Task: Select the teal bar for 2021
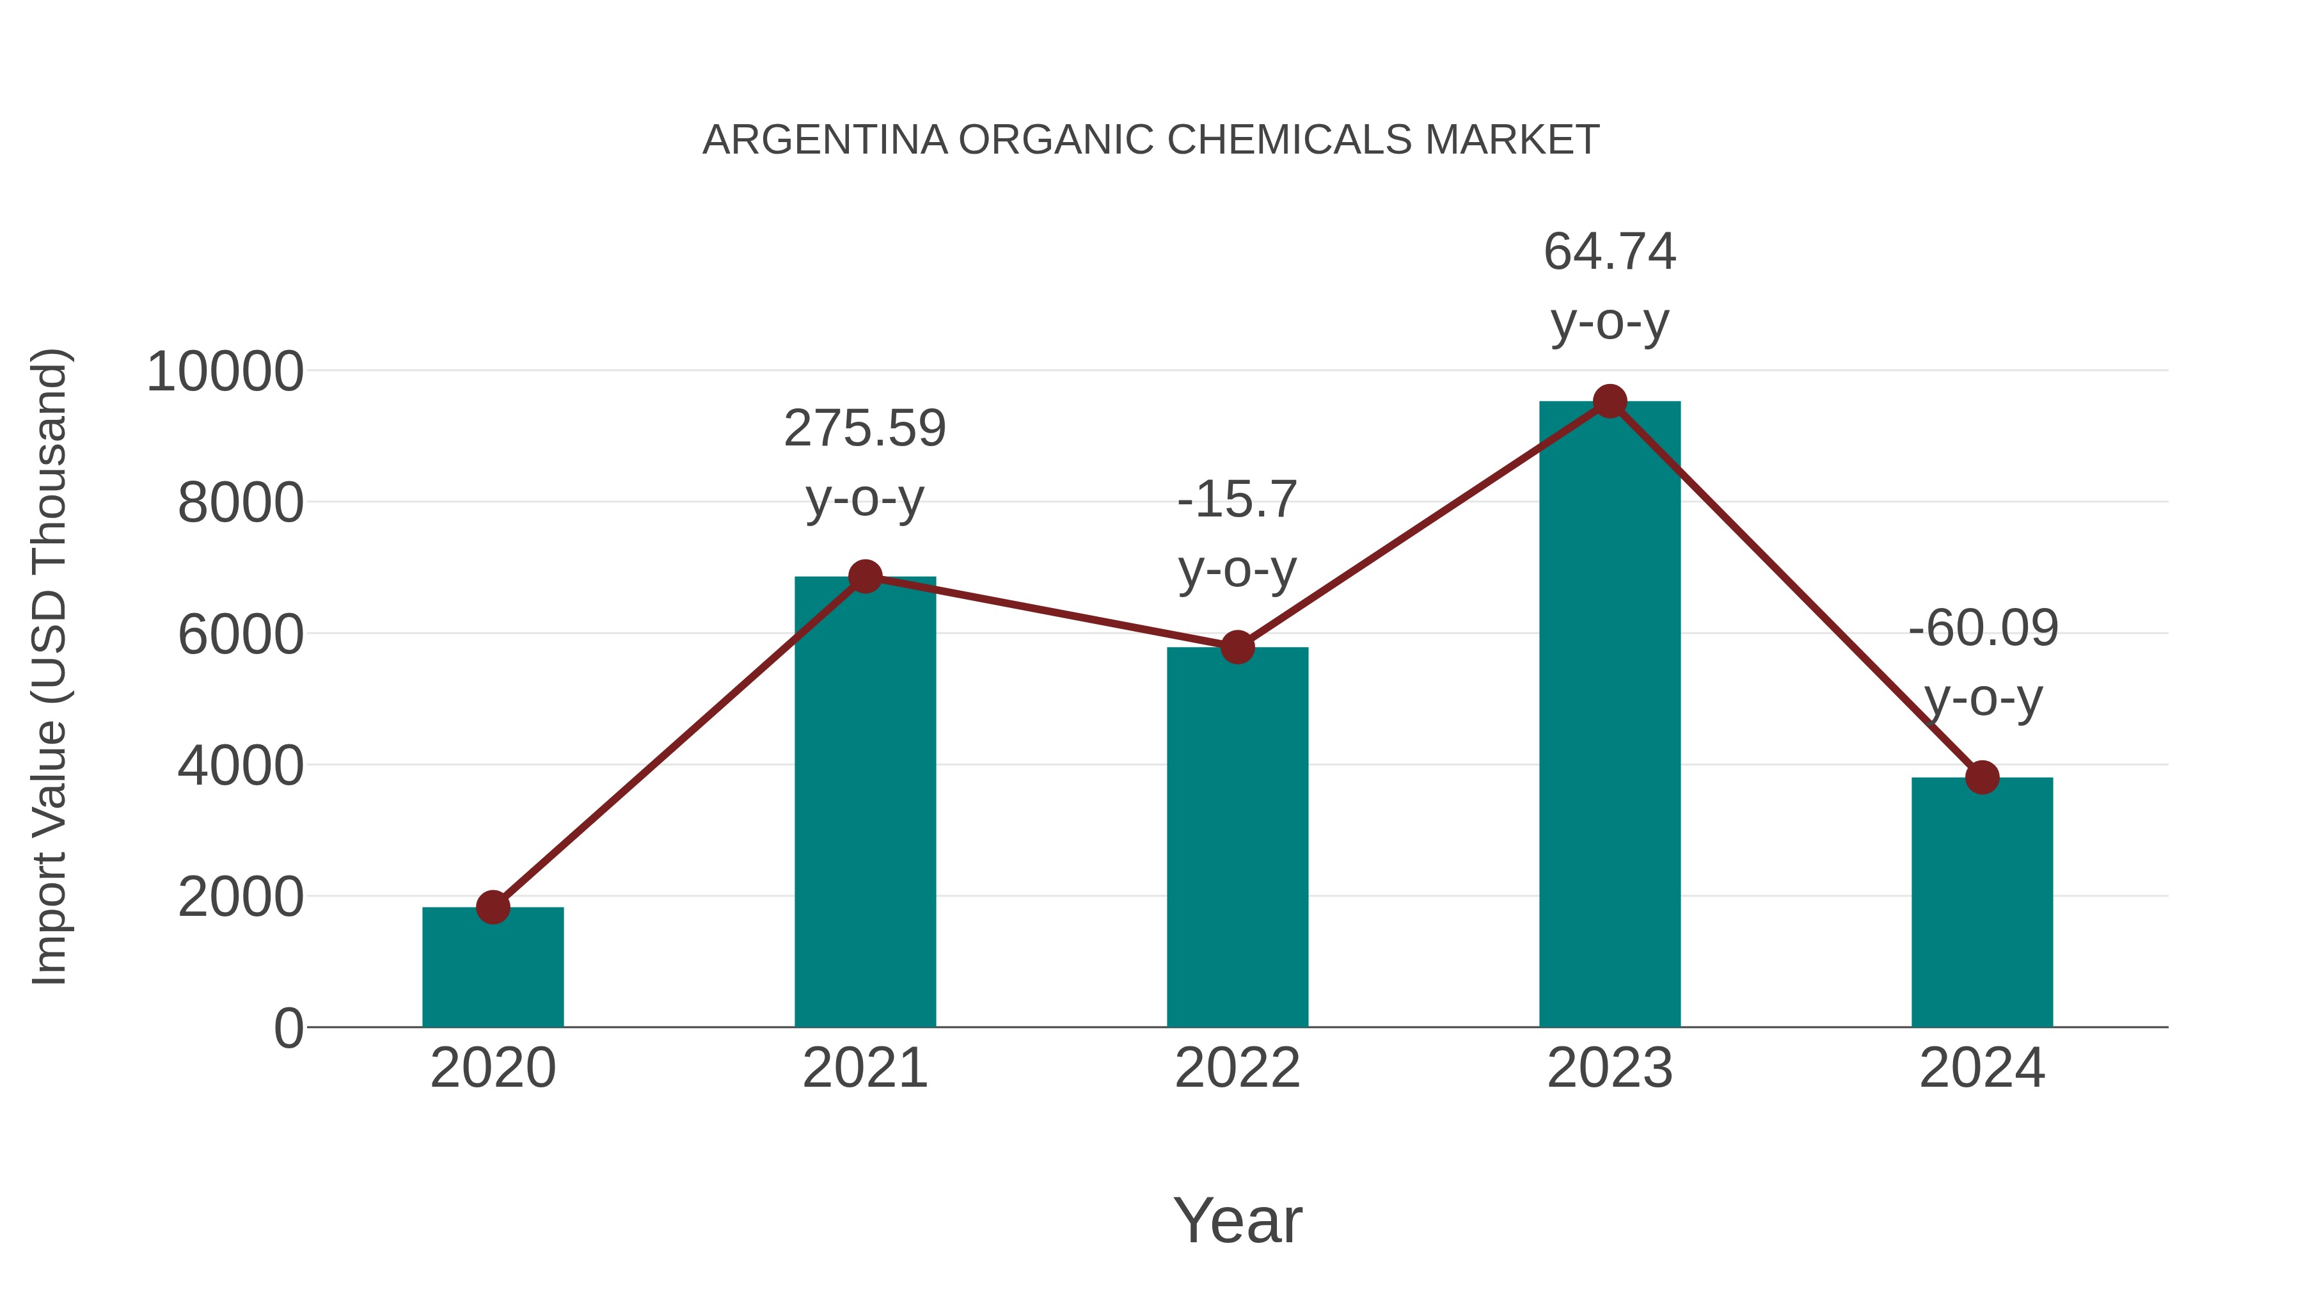coord(864,805)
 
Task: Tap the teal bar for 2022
coord(1237,841)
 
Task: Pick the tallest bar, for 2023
coord(1610,716)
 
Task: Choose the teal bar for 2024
coord(1982,903)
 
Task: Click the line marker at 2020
coord(493,907)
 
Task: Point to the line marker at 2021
coord(864,577)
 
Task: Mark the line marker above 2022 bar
coord(1237,646)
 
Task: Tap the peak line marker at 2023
coord(1610,401)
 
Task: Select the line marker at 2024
coord(1982,777)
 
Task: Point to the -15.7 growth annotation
coord(1237,499)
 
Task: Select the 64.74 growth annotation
coord(1610,252)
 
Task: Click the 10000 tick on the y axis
coord(225,371)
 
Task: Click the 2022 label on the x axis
coord(1237,1068)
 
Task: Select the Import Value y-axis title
coord(49,666)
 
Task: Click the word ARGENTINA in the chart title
coord(825,140)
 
